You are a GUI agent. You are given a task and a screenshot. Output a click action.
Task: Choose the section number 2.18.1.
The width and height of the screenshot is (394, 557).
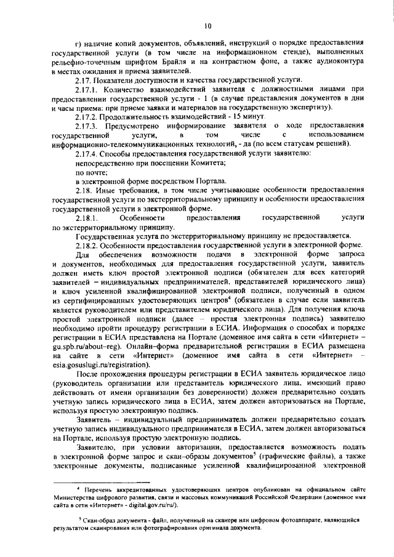pos(85,218)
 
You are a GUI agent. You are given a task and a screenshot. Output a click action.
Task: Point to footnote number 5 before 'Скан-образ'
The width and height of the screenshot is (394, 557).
pos(80,518)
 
